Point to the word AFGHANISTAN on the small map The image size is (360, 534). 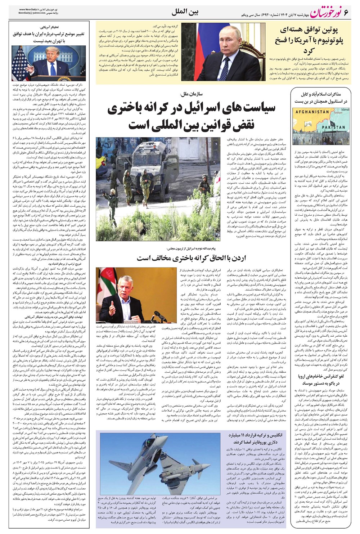pyautogui.click(x=312, y=112)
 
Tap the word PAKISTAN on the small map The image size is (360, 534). pyautogui.click(x=333, y=127)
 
